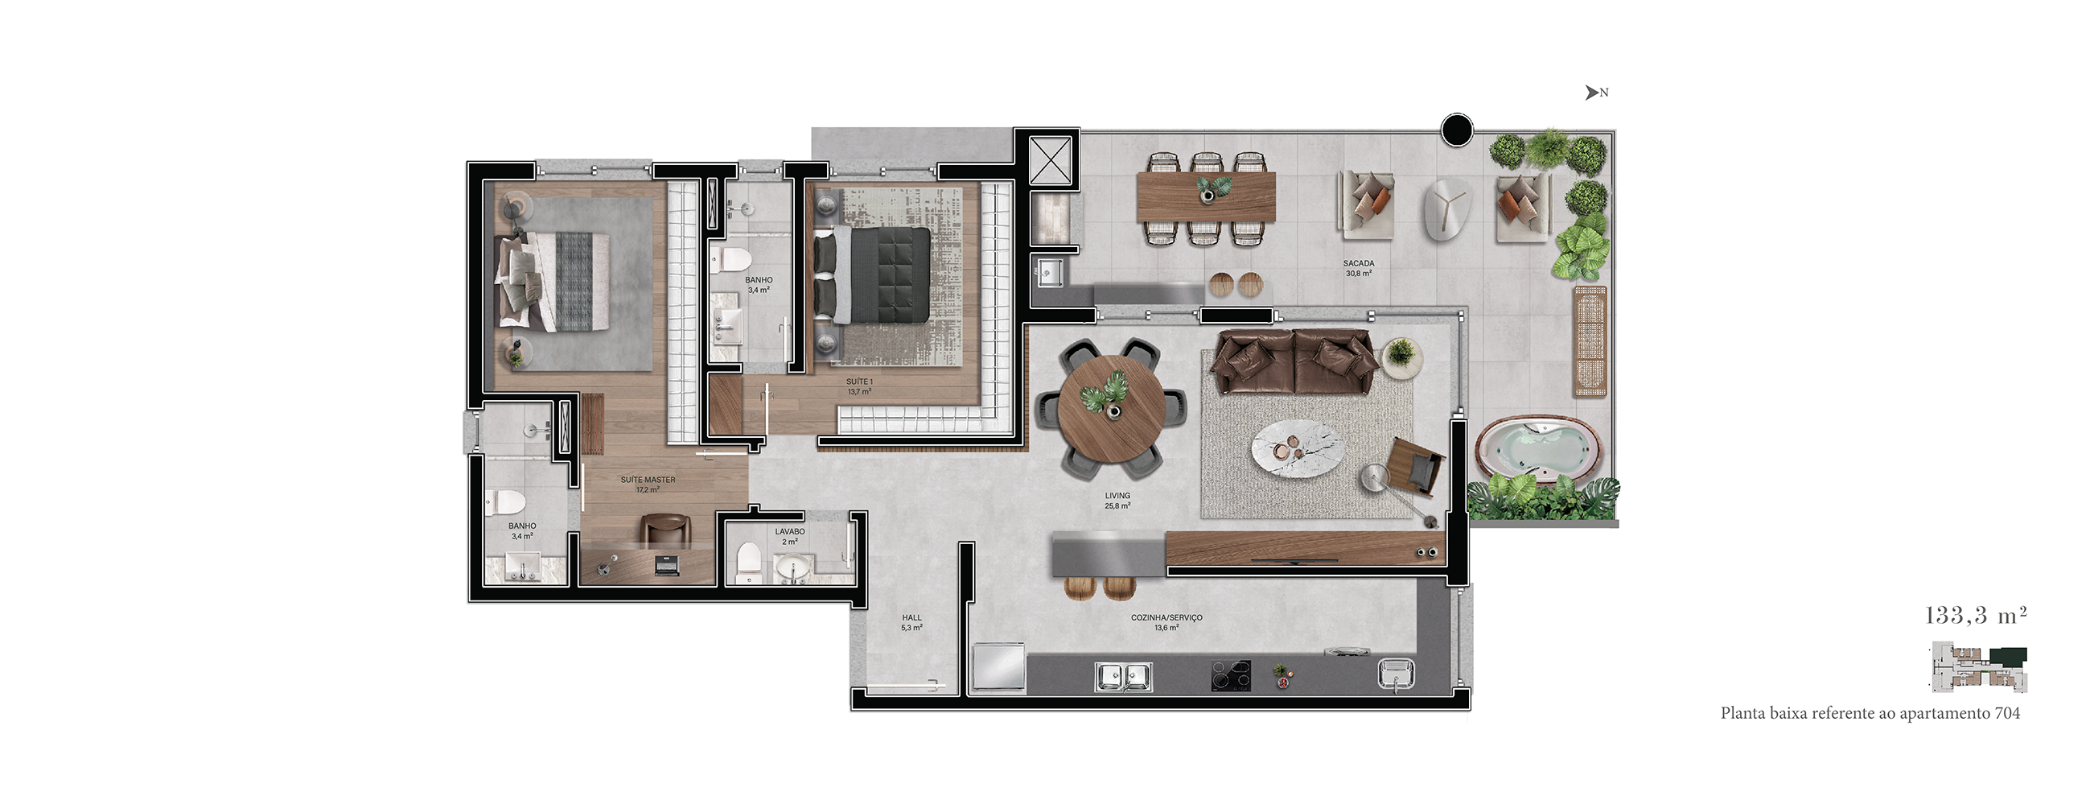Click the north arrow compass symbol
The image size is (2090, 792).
tap(1597, 93)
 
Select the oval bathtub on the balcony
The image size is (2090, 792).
tap(1537, 451)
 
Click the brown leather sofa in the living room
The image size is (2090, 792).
tap(1294, 362)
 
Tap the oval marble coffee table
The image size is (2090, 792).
tap(1298, 449)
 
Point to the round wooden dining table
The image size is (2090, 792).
tap(1113, 410)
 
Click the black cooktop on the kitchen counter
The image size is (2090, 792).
tap(1231, 676)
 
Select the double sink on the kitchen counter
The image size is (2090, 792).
tap(1123, 677)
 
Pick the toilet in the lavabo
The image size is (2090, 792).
tap(748, 563)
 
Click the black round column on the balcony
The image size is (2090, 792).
tap(1456, 129)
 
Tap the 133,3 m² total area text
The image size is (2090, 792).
tap(1976, 615)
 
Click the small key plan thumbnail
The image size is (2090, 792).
tap(1980, 668)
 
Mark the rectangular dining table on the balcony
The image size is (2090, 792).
tap(1207, 196)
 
